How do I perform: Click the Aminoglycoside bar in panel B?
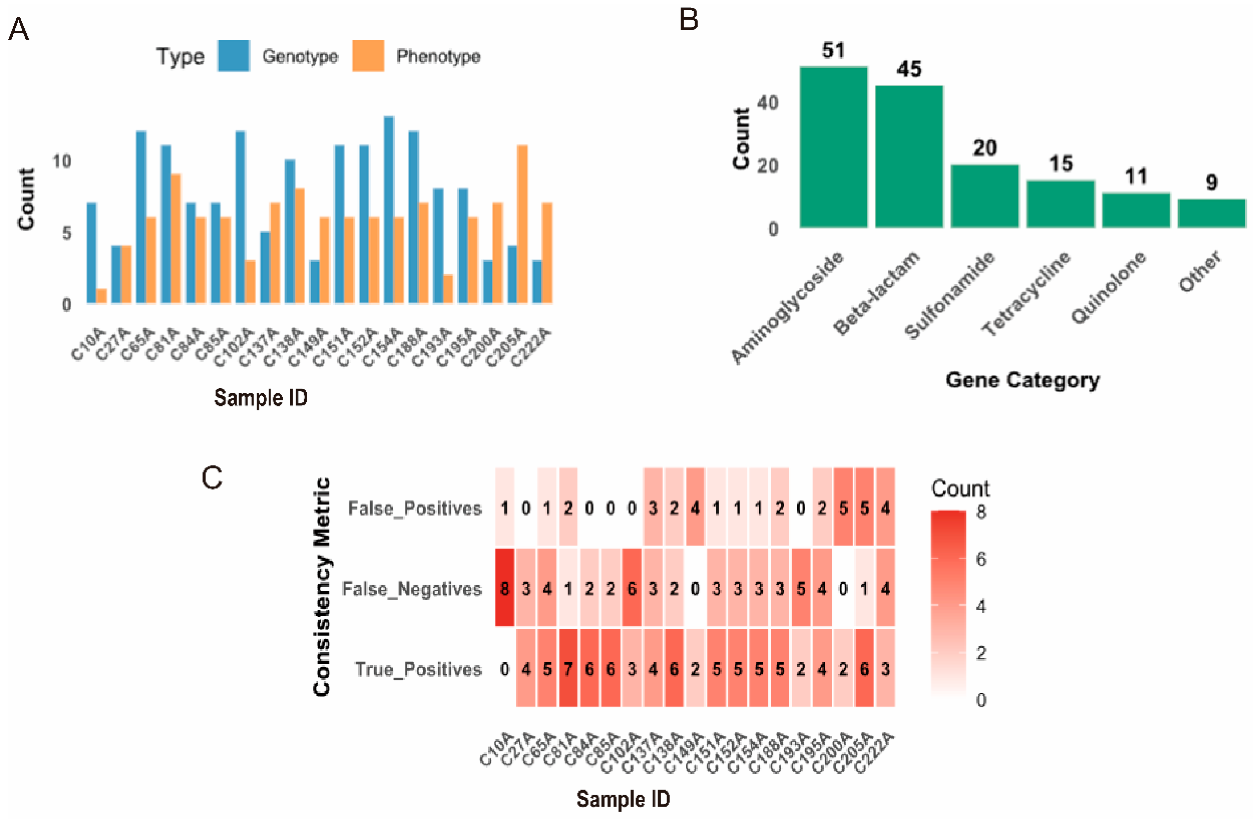pos(833,147)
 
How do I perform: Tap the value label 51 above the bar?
pos(833,51)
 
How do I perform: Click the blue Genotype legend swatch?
pos(233,56)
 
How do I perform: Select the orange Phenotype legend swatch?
pos(368,56)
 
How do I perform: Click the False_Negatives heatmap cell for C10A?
pos(505,588)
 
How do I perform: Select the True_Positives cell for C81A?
pos(568,669)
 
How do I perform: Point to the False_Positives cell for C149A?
pos(695,507)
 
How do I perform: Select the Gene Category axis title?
pos(1022,380)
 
